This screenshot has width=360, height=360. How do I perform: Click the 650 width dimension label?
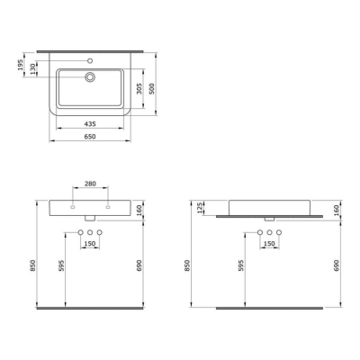(90, 137)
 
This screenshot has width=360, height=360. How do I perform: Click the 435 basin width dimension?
(90, 123)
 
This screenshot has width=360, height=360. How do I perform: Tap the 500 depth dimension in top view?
(152, 89)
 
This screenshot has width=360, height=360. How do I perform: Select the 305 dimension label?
(139, 89)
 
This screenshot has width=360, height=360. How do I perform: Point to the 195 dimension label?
(21, 65)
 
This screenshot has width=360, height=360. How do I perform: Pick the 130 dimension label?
(32, 69)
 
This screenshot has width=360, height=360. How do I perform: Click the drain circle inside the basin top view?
(90, 76)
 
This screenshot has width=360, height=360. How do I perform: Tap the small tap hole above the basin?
(89, 61)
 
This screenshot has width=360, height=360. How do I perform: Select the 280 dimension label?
(90, 184)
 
